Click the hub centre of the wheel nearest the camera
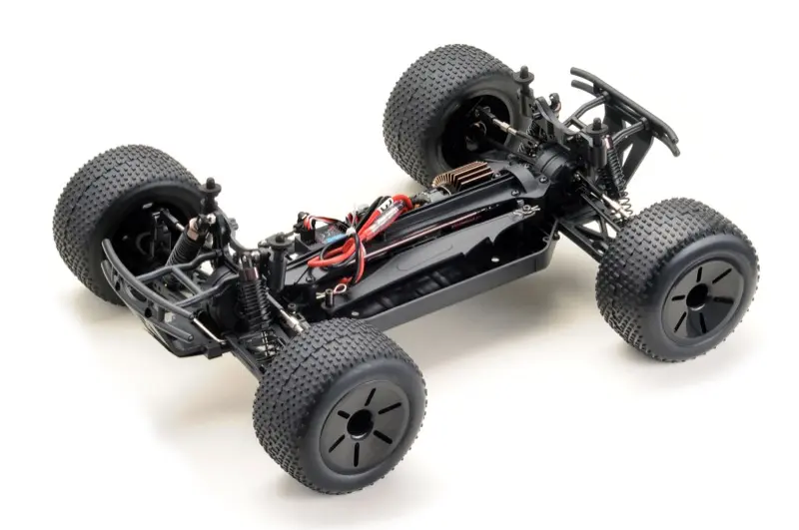click(x=362, y=423)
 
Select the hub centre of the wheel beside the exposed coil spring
click(x=699, y=296)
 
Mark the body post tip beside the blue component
click(x=301, y=216)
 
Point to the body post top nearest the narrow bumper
click(x=597, y=126)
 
